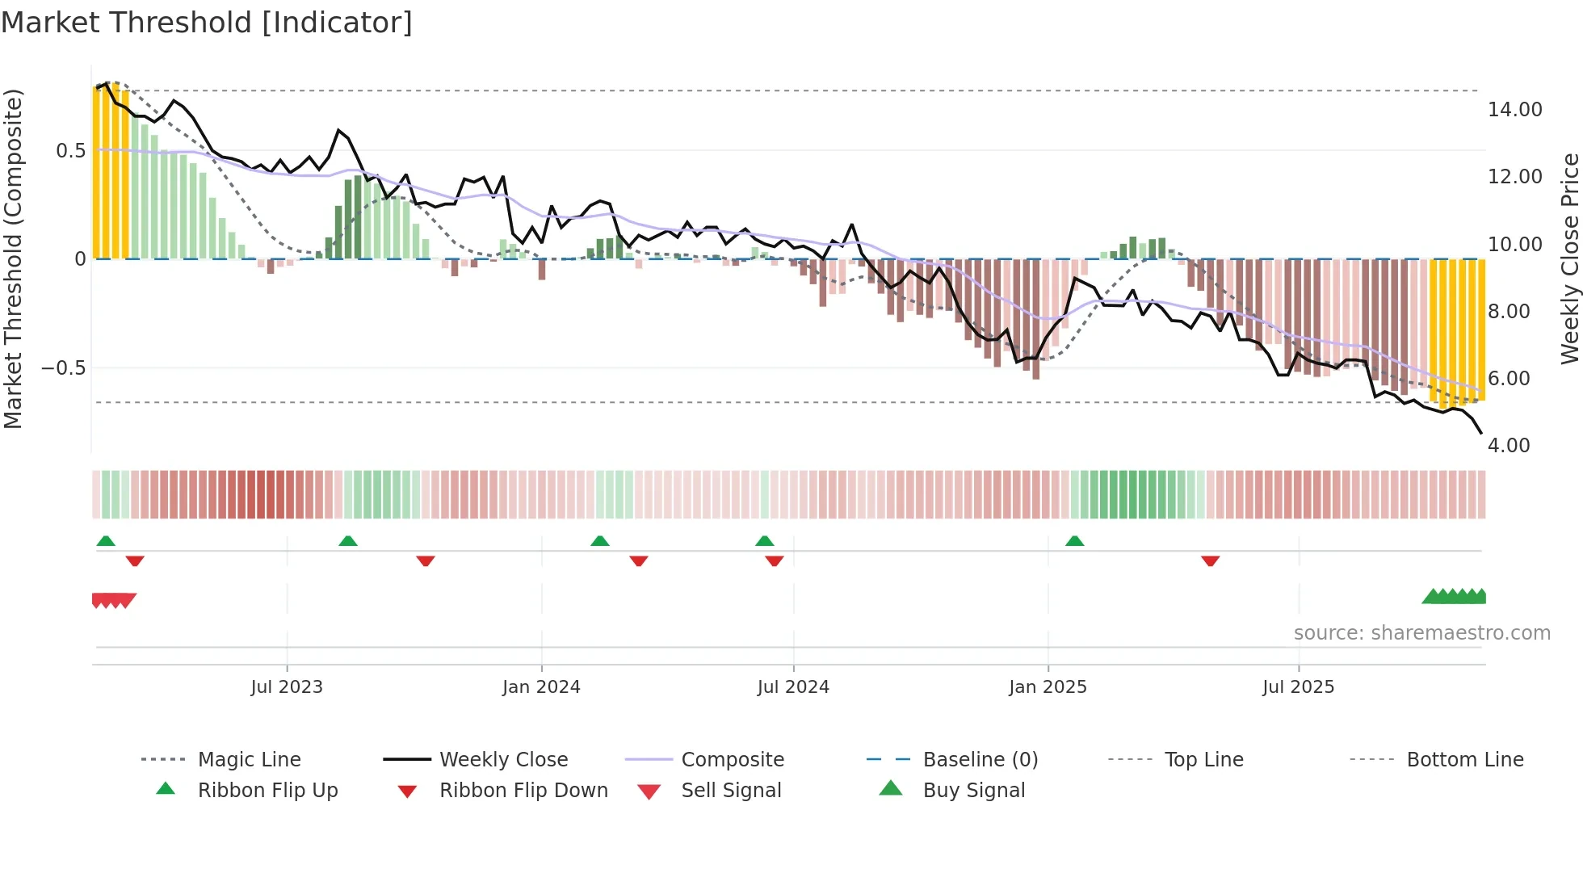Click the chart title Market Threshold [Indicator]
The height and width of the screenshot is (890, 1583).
pos(207,23)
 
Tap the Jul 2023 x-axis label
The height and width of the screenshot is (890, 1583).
pos(287,687)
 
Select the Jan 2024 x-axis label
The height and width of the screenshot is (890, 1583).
pos(541,687)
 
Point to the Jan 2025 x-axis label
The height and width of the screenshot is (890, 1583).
pos(1048,687)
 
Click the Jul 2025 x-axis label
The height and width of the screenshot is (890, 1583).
pos(1299,687)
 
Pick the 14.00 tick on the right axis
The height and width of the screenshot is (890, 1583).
pos(1514,110)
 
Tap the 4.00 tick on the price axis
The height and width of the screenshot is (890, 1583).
pos(1509,446)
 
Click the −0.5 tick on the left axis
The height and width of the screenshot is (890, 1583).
pos(63,368)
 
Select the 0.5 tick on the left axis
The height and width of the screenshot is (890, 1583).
pos(70,151)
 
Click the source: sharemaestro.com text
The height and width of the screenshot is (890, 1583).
pos(1421,633)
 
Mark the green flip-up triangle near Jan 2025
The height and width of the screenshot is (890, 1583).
pos(1074,541)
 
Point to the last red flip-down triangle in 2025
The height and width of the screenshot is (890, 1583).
pos(1210,560)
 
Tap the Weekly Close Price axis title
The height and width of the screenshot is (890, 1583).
pos(1569,258)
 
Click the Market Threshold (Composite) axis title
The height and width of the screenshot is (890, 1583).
pos(13,258)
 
